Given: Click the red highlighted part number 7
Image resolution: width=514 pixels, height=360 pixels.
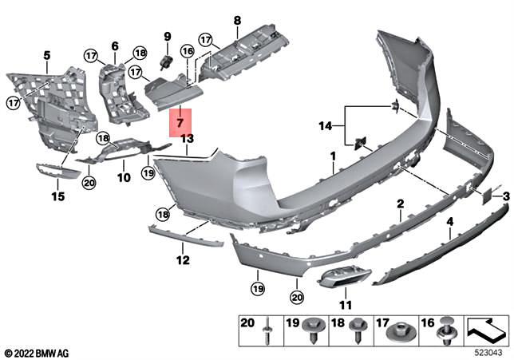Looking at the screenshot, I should tap(180, 124).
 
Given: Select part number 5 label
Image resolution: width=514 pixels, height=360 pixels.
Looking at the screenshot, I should tap(46, 55).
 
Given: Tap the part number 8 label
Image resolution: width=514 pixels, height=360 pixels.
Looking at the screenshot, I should tap(236, 20).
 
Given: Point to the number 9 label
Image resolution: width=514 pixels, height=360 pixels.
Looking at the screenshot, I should tap(168, 36).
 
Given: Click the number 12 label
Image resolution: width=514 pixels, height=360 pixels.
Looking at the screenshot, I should tap(182, 259).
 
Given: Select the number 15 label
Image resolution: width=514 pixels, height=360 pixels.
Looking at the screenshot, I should tap(56, 196).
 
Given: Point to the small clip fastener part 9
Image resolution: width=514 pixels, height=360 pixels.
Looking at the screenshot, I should tap(168, 60).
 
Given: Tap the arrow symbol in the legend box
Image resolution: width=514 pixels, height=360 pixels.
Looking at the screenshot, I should tap(485, 328).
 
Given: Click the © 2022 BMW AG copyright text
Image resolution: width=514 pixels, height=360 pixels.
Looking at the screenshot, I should tap(36, 352).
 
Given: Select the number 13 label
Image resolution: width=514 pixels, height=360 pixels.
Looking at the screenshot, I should tap(187, 139).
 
